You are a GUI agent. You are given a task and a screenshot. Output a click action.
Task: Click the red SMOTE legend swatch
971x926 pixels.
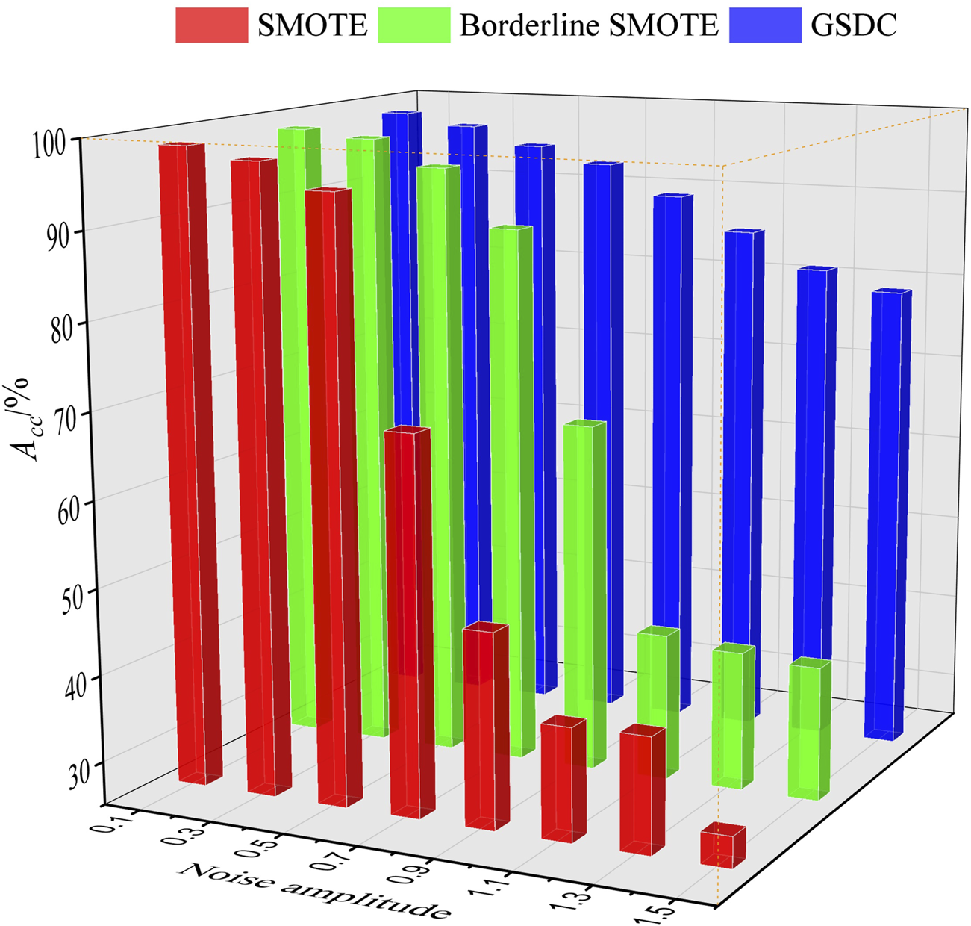coord(211,25)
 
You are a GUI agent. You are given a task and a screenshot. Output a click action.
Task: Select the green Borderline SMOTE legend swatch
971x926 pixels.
coord(413,25)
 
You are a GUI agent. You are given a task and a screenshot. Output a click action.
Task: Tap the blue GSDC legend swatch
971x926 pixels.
coord(764,25)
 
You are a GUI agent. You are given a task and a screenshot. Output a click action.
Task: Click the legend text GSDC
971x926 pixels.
coord(854,25)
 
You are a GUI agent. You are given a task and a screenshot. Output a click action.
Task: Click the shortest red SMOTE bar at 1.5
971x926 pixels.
coord(722,845)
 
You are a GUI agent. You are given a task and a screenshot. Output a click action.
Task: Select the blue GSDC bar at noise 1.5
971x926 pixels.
coord(887,515)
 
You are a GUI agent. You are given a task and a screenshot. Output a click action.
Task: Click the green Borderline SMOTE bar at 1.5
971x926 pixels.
coord(809,728)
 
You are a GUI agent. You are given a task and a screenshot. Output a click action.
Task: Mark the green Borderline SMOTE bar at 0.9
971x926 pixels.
coord(583,594)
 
